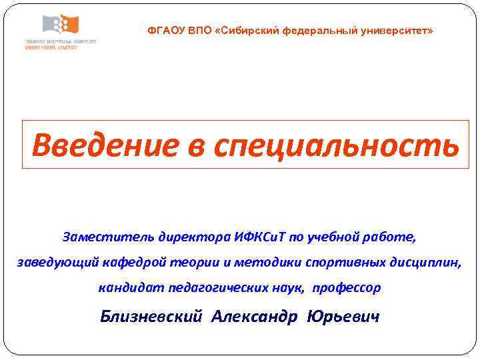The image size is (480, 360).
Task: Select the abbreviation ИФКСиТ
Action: coord(260,237)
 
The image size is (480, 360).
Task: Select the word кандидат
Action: coord(127,289)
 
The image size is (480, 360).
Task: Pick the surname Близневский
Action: coord(150,317)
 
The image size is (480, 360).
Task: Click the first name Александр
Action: coord(254,317)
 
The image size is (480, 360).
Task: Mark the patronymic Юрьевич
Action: coord(343,317)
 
